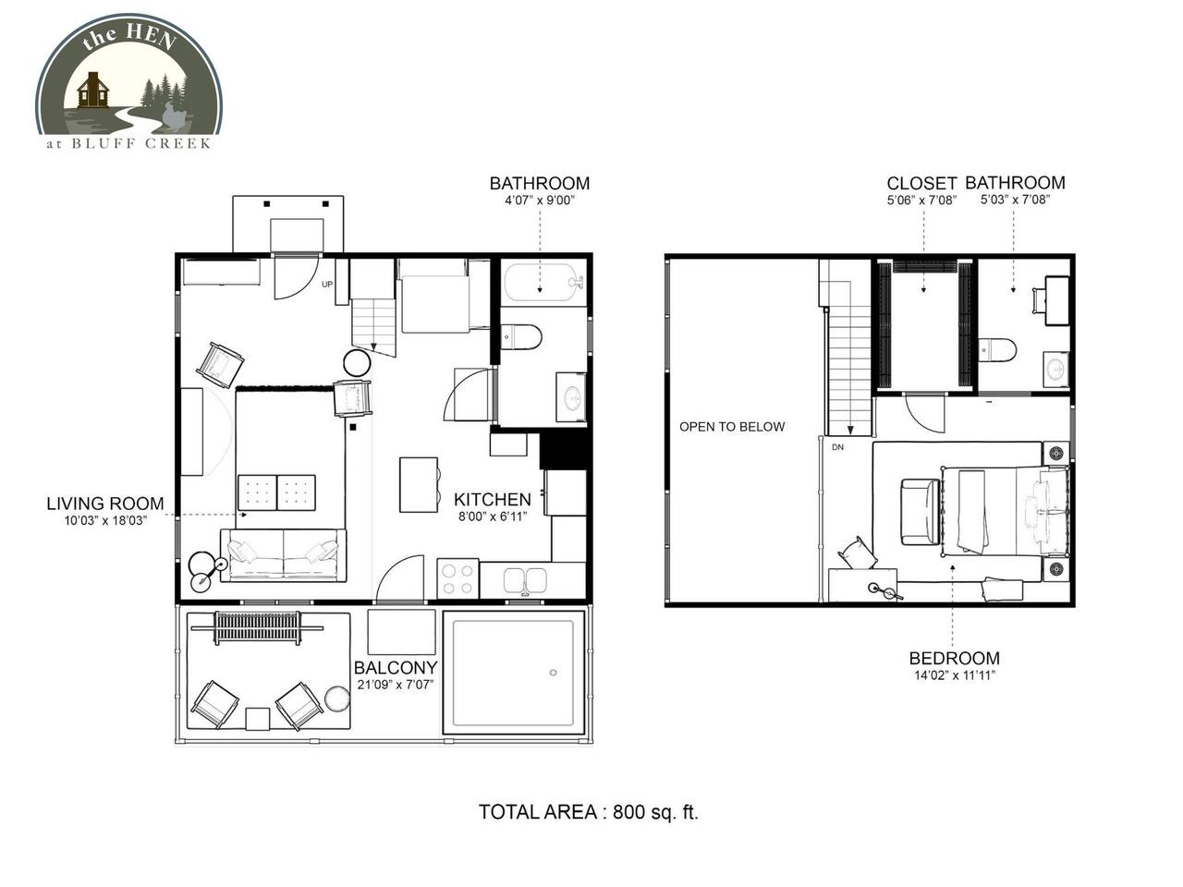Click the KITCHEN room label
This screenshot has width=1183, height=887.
[x=492, y=499]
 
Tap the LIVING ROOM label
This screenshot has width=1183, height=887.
[x=105, y=504]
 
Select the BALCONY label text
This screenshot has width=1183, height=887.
[x=396, y=668]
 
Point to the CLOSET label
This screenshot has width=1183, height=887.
[x=921, y=184]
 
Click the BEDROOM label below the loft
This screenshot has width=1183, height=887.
[x=955, y=658]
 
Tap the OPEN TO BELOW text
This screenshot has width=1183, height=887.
[x=732, y=427]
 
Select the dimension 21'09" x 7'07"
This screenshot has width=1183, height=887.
[x=396, y=685]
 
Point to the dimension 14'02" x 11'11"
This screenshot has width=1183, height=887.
[x=955, y=675]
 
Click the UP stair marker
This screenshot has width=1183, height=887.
[x=327, y=285]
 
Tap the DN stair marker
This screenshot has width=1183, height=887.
[x=837, y=447]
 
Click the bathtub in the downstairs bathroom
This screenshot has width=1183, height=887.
[x=545, y=281]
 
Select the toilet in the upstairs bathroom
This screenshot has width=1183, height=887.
[x=997, y=350]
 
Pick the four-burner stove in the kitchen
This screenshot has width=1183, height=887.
[x=457, y=578]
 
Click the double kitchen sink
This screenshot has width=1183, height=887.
[x=525, y=580]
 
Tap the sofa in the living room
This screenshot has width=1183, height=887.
[x=284, y=555]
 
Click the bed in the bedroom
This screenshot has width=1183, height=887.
[x=1006, y=511]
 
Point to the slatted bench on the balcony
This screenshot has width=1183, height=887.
[x=258, y=628]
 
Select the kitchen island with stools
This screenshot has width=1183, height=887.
[x=420, y=485]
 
